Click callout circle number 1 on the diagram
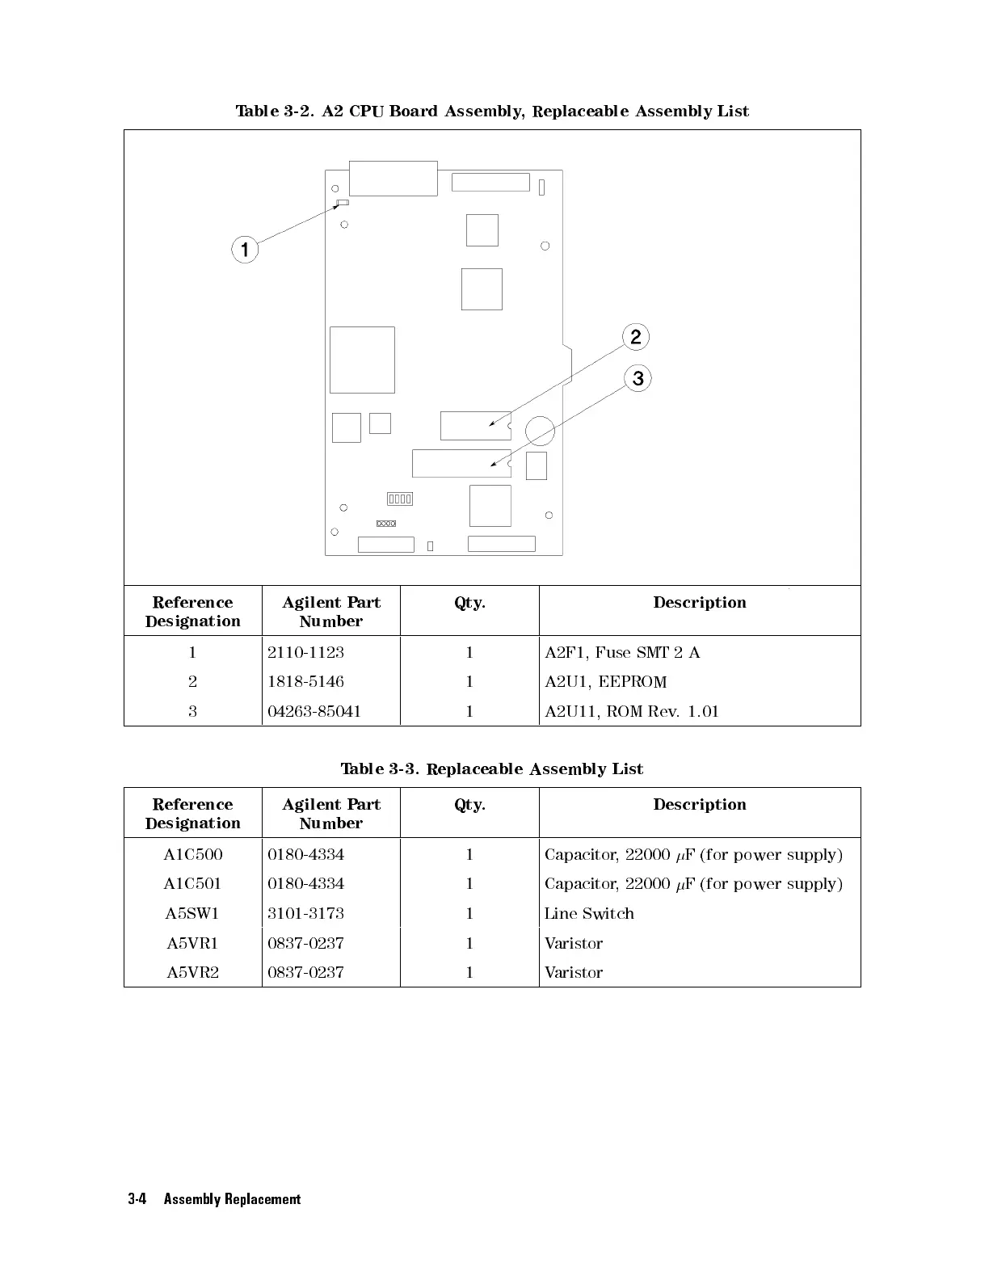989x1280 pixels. (245, 249)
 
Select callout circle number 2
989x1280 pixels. (636, 337)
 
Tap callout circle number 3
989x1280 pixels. (638, 378)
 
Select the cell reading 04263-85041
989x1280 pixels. (314, 711)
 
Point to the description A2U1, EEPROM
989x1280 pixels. (605, 681)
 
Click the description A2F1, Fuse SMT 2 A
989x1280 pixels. (622, 652)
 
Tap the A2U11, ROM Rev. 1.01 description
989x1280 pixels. (631, 711)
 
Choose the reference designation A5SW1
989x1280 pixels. (192, 913)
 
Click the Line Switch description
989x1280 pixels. (589, 913)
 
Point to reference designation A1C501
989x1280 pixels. (192, 883)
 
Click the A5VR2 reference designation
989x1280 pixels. (192, 972)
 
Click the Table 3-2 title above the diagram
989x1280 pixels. (492, 111)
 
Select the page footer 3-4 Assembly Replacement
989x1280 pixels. (214, 1199)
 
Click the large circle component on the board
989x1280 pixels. (540, 431)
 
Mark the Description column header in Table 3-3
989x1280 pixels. (700, 804)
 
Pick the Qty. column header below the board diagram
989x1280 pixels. (469, 602)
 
